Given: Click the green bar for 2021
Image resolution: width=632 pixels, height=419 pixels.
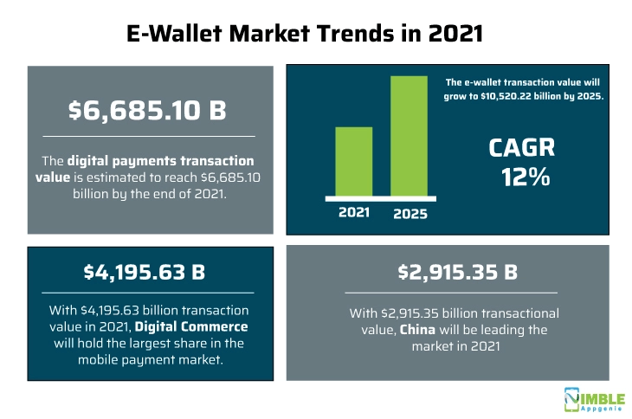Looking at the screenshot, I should tap(353, 163).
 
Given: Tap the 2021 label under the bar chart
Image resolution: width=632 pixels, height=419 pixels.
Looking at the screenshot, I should tap(353, 213).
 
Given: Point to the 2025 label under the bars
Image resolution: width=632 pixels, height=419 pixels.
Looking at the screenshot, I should tap(410, 213).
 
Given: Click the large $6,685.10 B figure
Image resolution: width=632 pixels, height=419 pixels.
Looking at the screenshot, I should tap(143, 110).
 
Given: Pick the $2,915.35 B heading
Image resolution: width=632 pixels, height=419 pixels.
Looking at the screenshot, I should tap(457, 272).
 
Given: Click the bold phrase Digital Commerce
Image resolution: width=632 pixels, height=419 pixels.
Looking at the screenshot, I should tap(203, 326).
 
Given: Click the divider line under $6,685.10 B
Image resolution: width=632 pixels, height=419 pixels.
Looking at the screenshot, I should tap(143, 136).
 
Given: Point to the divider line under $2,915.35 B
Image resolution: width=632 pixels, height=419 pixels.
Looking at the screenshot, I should tap(457, 293).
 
